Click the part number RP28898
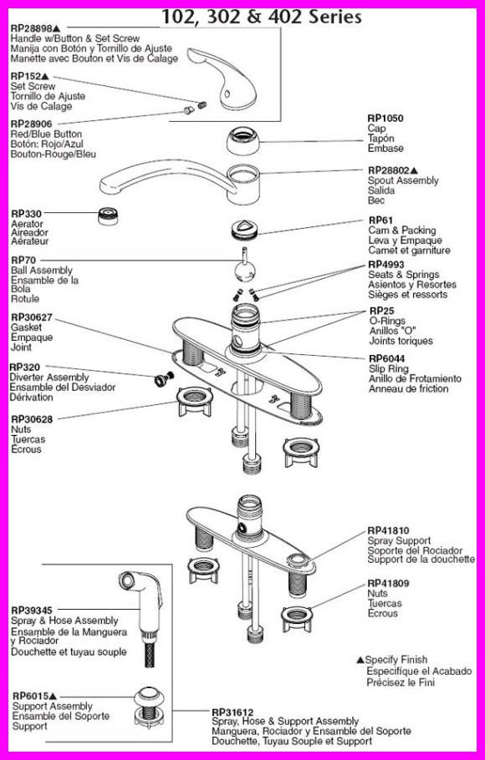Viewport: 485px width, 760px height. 32,29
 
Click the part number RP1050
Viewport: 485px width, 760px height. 385,118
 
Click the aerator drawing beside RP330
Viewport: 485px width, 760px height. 107,215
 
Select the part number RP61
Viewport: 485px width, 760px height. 380,220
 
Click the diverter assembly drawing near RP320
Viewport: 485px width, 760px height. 157,380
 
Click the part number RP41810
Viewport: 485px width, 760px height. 389,530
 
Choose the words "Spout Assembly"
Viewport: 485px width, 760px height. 404,180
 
